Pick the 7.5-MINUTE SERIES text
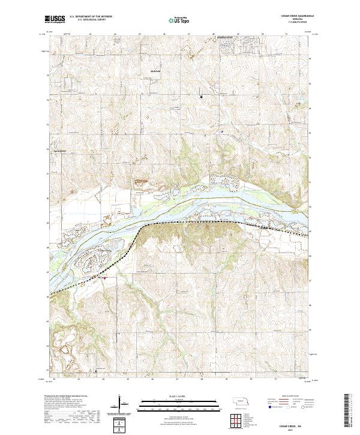288,23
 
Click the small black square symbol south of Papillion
202,96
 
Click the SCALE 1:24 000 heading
179,396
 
